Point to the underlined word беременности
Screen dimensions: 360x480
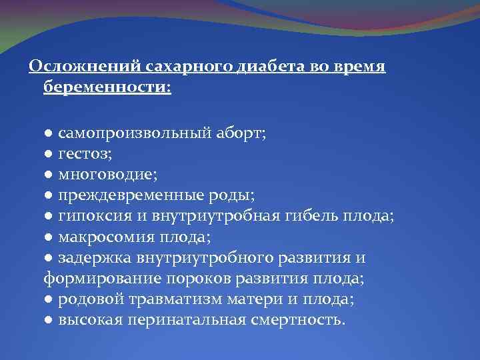[107, 87]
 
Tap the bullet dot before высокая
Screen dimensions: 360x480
[49, 319]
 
